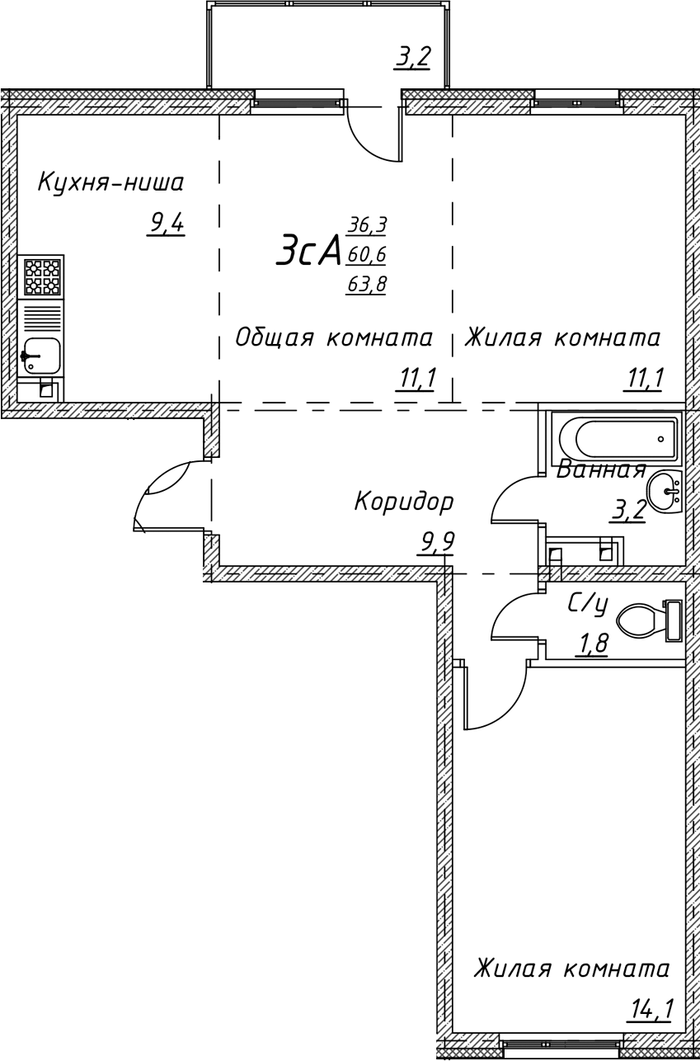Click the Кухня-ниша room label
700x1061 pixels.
tap(111, 182)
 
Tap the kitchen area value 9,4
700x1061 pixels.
tap(166, 222)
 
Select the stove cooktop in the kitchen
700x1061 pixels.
tap(41, 276)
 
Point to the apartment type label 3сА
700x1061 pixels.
tap(309, 250)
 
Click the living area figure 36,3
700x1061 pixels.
tap(367, 224)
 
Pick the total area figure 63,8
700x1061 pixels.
tap(367, 285)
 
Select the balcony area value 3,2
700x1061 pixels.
tap(413, 58)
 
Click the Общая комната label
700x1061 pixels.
tap(334, 337)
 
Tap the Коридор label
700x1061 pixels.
tap(404, 501)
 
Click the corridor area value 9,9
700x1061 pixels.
tap(437, 542)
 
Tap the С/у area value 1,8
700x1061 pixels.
tap(591, 643)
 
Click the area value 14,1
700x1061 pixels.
tap(650, 1009)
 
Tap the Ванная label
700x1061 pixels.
tap(600, 470)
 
